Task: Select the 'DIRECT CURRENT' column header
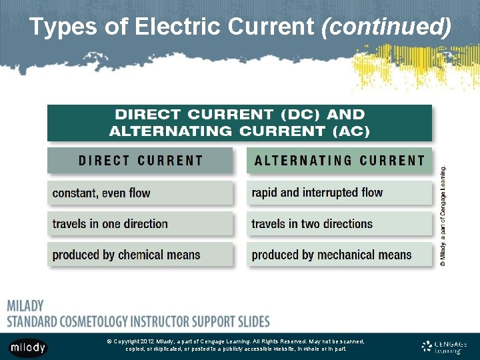pyautogui.click(x=140, y=161)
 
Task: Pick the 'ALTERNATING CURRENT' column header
pyautogui.click(x=339, y=161)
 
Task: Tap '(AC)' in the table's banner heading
pyautogui.click(x=351, y=131)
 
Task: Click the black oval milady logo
pyautogui.click(x=28, y=347)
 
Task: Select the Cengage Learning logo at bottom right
pyautogui.click(x=445, y=347)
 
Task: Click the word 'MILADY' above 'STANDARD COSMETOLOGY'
pyautogui.click(x=25, y=307)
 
